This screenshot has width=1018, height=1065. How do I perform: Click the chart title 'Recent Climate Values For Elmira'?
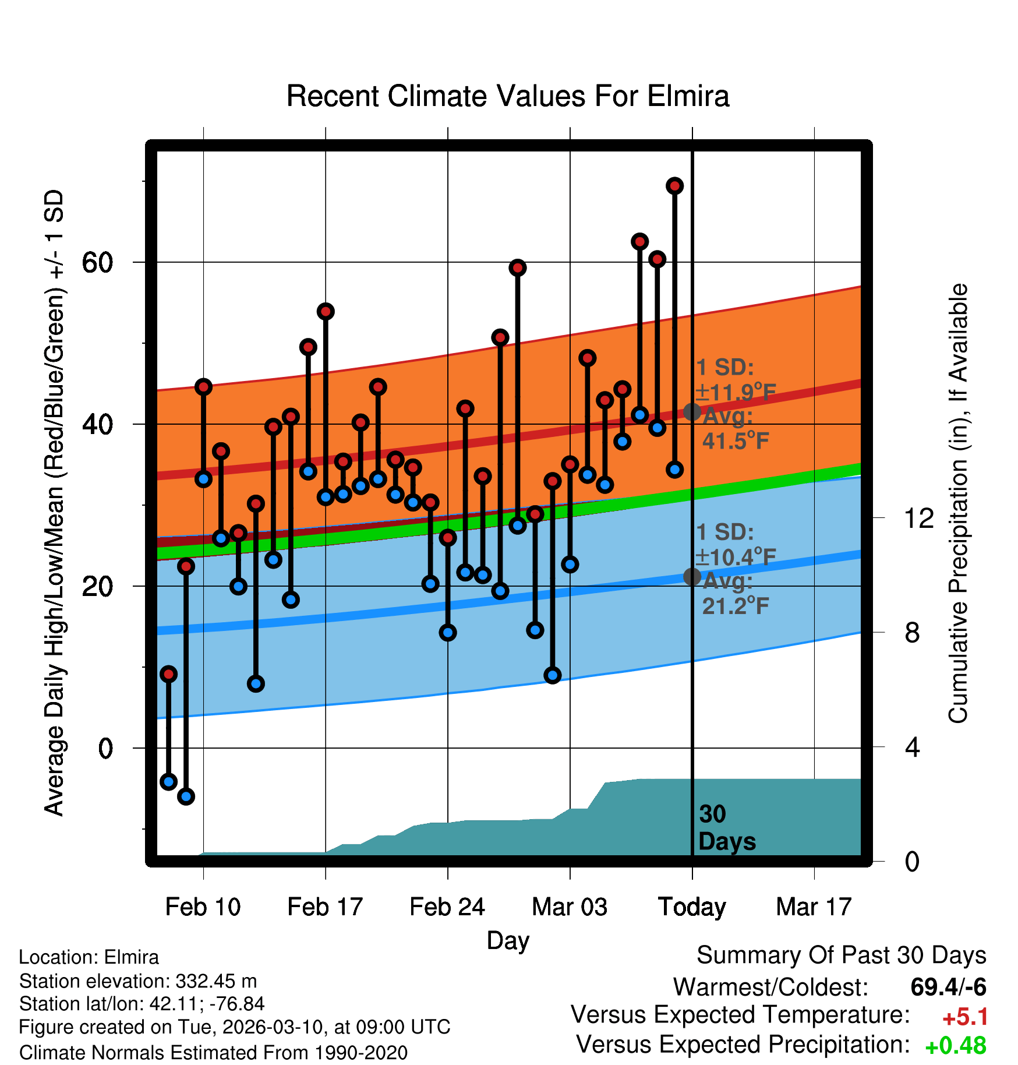(x=507, y=96)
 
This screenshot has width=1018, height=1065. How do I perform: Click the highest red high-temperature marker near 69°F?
(x=674, y=186)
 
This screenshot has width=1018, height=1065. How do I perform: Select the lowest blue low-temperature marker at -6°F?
(x=186, y=796)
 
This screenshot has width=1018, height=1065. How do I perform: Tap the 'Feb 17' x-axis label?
(x=325, y=907)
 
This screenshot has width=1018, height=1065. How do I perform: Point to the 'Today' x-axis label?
(x=692, y=907)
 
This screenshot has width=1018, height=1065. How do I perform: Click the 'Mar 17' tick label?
(x=814, y=907)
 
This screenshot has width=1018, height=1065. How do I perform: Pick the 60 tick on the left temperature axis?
(x=97, y=263)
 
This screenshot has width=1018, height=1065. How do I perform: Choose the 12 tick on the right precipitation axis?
(x=918, y=518)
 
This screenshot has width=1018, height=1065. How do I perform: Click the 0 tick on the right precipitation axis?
(x=912, y=861)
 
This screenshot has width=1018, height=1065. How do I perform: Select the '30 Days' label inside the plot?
(x=726, y=828)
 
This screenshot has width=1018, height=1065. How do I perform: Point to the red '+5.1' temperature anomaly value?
(x=964, y=1017)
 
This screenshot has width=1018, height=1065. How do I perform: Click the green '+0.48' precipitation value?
(x=955, y=1046)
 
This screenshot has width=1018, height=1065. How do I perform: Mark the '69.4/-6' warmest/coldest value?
(x=948, y=987)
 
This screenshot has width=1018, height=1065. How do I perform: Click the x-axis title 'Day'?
(x=508, y=940)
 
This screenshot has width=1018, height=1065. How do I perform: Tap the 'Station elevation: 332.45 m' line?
(x=138, y=981)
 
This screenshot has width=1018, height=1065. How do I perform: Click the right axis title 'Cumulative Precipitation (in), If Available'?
(x=958, y=503)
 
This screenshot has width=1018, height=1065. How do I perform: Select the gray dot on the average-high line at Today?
(x=692, y=412)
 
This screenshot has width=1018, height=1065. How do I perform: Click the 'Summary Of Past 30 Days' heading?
(x=841, y=955)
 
